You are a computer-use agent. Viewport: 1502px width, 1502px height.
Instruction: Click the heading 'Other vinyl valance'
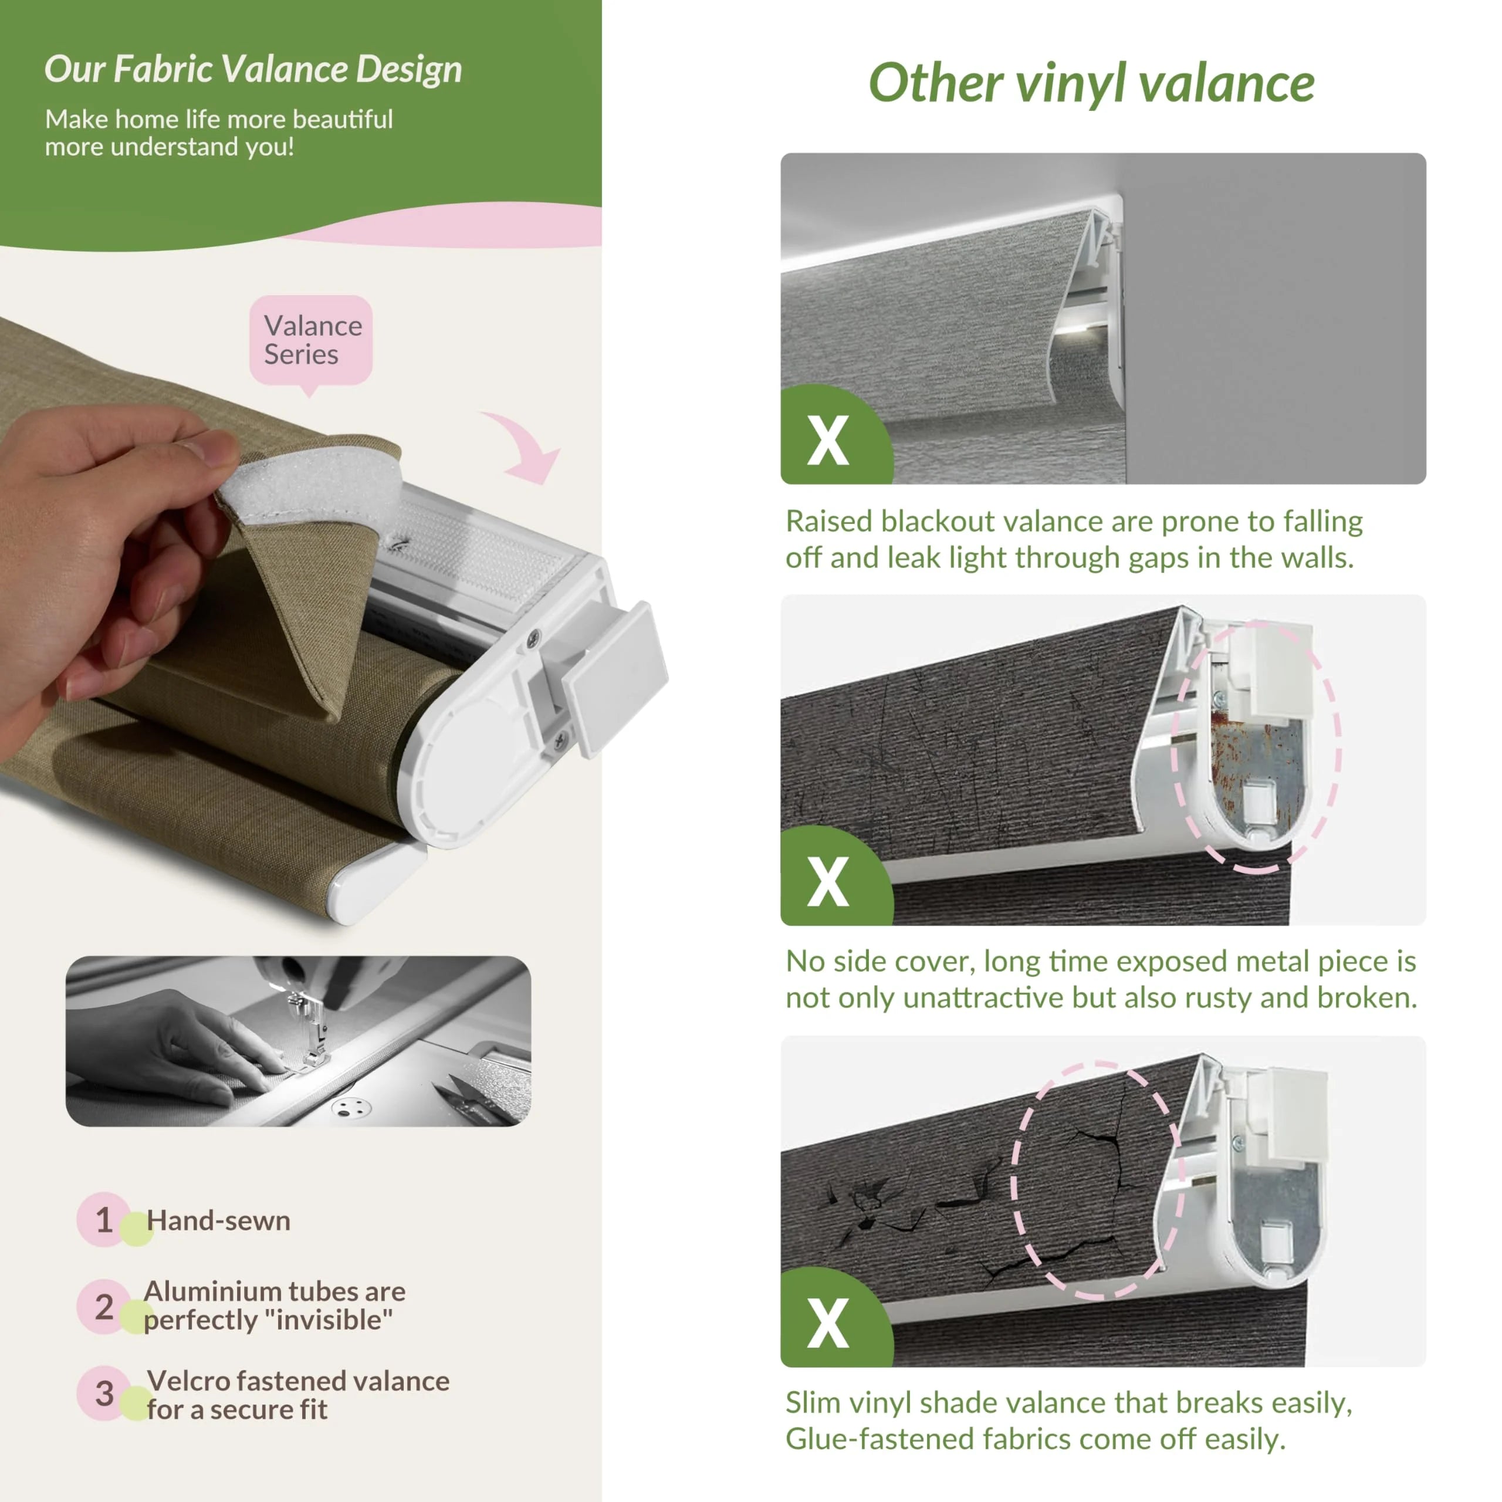click(x=1091, y=84)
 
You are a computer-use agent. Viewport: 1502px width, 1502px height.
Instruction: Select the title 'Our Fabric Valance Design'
click(x=253, y=69)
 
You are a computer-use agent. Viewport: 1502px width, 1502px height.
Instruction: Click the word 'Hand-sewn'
click(x=218, y=1220)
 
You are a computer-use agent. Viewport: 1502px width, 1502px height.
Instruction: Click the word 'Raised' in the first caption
click(x=829, y=522)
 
